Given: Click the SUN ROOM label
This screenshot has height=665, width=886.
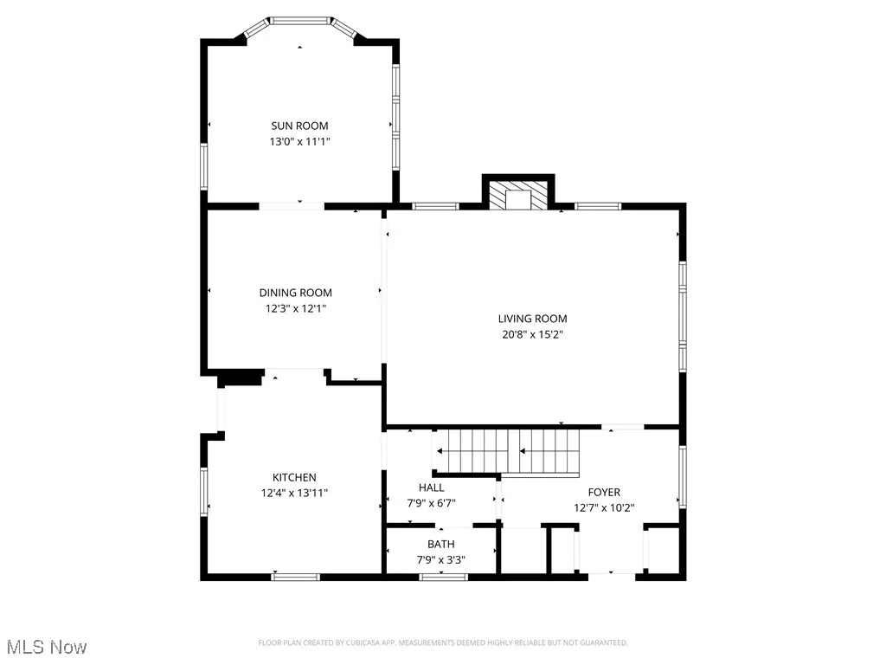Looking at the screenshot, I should coord(299,126).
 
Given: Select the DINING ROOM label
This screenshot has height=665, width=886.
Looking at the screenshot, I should coord(295,293).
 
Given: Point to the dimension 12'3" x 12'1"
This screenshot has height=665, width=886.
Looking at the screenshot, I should coord(295,307).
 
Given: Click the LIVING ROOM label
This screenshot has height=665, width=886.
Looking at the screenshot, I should coord(532,319).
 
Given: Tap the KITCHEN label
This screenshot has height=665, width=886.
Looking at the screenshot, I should coord(294,477).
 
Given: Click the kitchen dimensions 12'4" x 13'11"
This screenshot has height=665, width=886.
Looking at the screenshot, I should coord(294,492).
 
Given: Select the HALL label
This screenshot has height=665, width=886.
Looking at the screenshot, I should coord(431,487).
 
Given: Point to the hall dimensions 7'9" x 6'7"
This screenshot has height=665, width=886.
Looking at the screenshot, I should coord(431,502).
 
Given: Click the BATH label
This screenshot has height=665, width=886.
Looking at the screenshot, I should coord(440,544).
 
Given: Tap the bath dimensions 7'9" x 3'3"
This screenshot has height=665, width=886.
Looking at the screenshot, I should coord(440,558).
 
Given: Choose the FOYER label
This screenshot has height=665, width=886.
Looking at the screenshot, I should coord(604,492).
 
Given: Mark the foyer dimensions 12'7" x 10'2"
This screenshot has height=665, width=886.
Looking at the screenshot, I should coord(604,507).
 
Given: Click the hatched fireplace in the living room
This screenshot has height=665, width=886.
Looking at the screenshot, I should coord(517,195).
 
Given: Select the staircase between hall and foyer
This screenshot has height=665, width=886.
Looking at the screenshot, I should coord(506,451).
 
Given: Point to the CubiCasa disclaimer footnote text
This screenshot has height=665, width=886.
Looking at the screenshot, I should coord(442,642).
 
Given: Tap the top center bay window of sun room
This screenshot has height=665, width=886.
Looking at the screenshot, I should coord(299,19).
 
